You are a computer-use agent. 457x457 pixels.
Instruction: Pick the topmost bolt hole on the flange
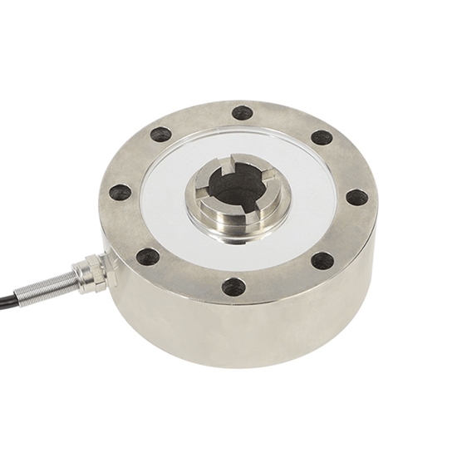[x=243, y=112]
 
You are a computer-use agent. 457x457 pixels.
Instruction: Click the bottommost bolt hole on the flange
[x=233, y=287]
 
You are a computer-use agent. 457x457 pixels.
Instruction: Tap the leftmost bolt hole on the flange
[x=120, y=193]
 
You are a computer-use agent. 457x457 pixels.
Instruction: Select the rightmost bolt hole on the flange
[x=356, y=198]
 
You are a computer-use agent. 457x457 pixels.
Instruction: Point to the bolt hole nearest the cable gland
[x=148, y=256]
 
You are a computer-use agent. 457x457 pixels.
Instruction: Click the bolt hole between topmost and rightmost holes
[x=322, y=137]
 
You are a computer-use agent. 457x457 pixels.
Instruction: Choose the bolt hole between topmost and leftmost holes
[x=161, y=134]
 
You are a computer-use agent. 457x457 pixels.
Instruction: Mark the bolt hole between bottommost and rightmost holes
[x=322, y=260]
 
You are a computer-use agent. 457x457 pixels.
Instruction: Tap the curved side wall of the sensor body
[x=249, y=332]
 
